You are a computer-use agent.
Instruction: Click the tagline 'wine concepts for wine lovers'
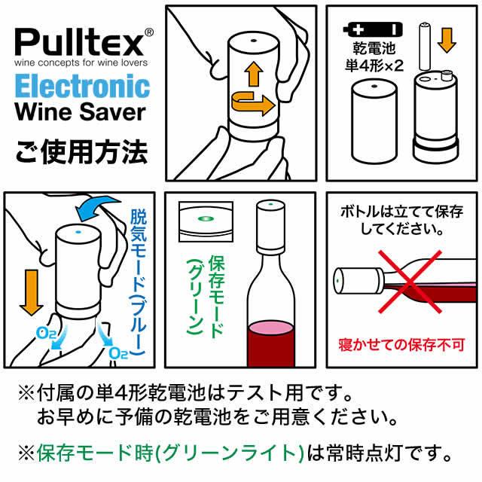[x=81, y=62]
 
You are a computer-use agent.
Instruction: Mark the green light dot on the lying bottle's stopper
[x=339, y=282]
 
